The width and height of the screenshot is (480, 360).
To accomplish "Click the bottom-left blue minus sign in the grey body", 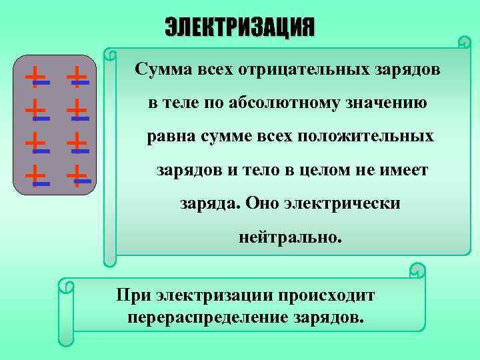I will click(41, 182).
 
